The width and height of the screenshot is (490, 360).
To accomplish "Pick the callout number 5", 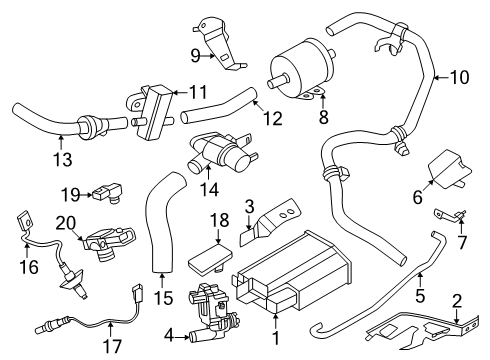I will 421,297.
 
